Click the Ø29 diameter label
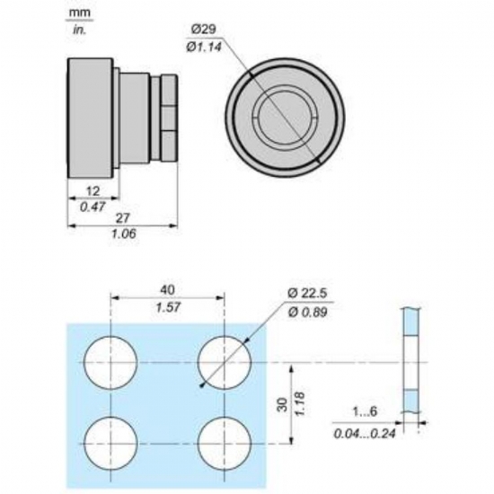click(204, 30)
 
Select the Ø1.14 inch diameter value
click(205, 48)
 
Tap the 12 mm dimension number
click(93, 191)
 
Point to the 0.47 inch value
click(93, 207)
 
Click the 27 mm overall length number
click(122, 217)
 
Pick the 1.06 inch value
click(123, 234)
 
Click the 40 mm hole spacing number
click(167, 290)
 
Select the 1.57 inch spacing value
click(168, 307)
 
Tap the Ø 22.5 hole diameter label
click(307, 293)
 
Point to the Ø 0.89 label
click(307, 313)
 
